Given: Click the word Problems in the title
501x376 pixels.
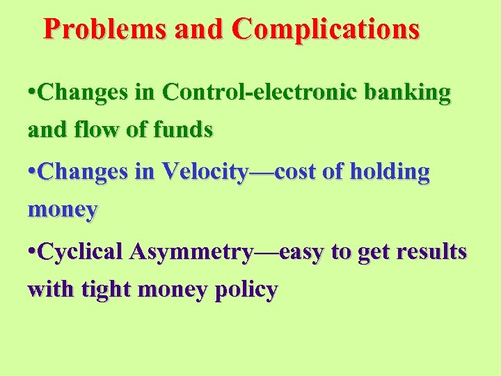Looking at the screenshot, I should click(x=105, y=29).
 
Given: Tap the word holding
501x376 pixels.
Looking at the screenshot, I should click(x=390, y=173).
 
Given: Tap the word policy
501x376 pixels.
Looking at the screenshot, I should click(x=245, y=290).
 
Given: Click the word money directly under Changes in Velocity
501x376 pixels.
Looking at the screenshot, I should click(x=63, y=210).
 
